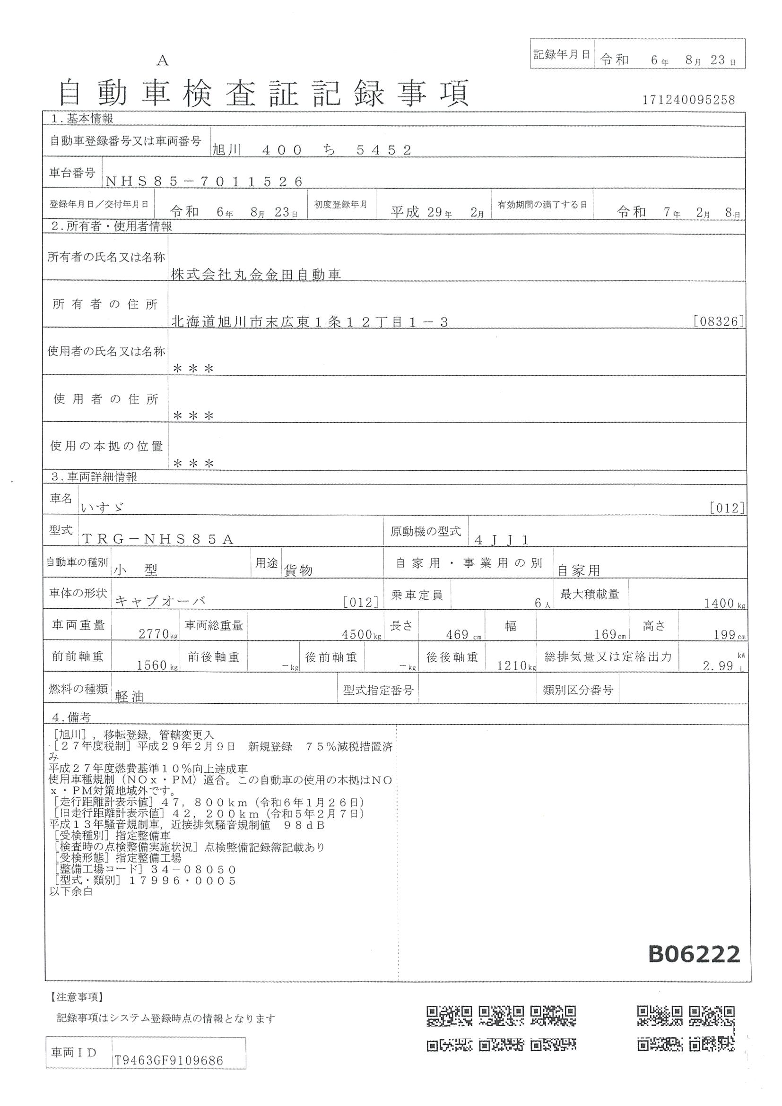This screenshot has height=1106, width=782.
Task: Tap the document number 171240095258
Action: (688, 100)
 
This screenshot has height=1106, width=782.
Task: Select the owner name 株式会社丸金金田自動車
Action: (256, 275)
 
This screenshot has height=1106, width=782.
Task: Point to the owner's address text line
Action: (310, 322)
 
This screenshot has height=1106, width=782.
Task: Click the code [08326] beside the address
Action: (719, 321)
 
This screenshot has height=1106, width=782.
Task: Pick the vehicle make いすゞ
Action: (103, 507)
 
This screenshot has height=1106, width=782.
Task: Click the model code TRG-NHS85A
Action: (158, 539)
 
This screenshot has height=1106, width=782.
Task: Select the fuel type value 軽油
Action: (130, 697)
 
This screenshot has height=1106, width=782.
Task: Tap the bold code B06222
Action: (694, 954)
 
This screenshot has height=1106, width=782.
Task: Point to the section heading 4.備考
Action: (72, 717)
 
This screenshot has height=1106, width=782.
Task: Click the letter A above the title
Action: (163, 60)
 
